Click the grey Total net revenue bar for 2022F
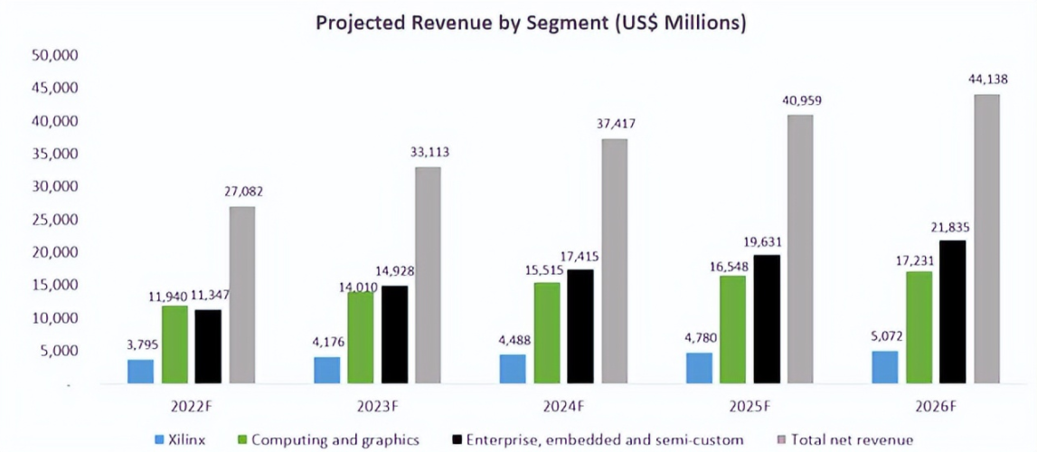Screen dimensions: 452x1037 pos(242,296)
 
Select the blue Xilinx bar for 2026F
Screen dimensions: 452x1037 pos(885,368)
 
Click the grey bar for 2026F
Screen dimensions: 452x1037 pos(986,240)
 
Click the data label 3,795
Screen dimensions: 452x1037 pos(140,344)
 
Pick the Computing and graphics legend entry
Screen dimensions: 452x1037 pos(335,440)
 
